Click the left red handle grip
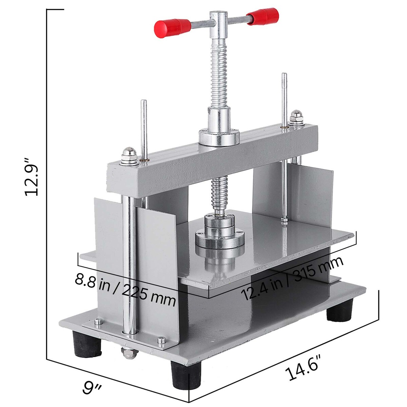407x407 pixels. click(173, 28)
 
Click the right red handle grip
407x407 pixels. click(263, 16)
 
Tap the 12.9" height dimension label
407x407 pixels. click(32, 177)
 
